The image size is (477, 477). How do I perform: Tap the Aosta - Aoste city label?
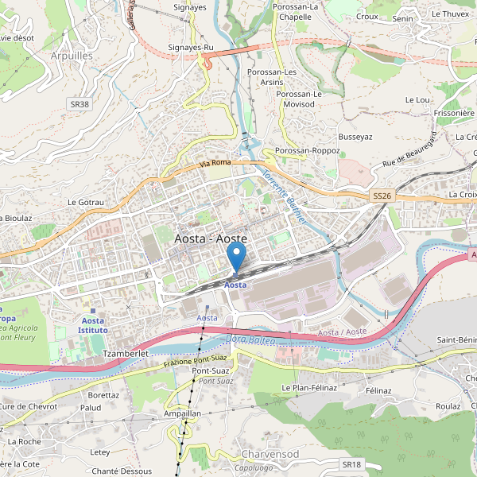coord(210,238)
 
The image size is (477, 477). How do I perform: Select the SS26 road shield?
coord(382,196)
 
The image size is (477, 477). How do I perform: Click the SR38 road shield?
coord(79,104)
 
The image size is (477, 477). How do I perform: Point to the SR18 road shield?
coord(351,463)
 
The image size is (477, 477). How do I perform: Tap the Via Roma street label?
coord(215,163)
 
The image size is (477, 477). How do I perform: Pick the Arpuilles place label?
coord(71,56)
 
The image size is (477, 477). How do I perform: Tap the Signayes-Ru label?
coord(192,48)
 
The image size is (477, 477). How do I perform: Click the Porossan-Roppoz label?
coord(306,150)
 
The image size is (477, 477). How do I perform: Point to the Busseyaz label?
coord(355,137)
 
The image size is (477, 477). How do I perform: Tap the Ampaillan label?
coord(182,414)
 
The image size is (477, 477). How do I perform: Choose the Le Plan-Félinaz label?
coord(309,387)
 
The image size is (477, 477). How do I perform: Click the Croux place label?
coord(366,16)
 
